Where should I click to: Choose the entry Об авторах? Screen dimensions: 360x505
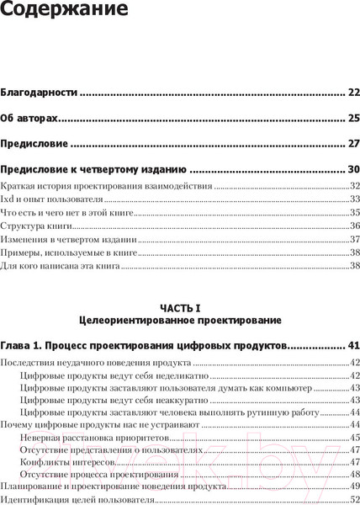point(33,118)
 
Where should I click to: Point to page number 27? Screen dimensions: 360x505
point(353,144)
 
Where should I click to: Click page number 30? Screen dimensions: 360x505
point(353,168)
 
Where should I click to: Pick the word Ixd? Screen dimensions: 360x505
point(8,199)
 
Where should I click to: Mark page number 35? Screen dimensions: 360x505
point(354,213)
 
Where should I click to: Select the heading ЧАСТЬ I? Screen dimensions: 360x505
point(180,308)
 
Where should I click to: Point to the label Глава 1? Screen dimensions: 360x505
point(26,346)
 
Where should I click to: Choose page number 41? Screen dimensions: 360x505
point(353,346)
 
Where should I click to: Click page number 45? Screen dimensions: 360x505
point(354,438)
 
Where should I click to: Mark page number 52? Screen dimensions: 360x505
point(354,501)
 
